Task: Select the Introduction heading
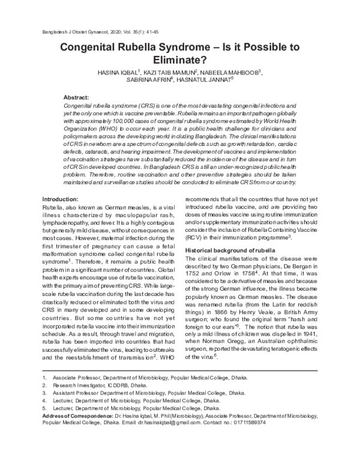click(62, 199)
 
